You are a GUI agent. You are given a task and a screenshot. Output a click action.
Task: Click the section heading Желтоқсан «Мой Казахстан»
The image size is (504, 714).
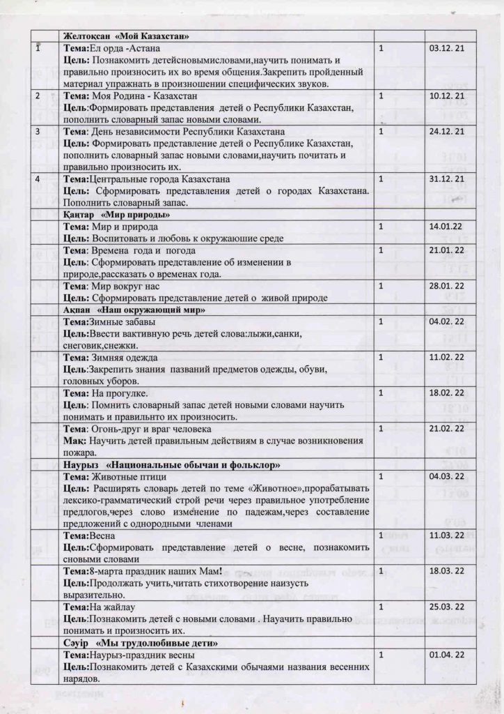click(127, 36)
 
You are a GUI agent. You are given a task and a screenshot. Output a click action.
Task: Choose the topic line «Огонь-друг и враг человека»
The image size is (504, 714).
click(147, 428)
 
